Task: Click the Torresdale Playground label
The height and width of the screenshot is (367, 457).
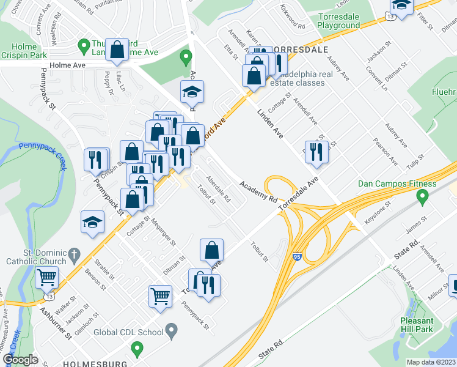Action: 338,21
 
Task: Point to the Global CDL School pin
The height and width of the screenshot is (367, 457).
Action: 172,332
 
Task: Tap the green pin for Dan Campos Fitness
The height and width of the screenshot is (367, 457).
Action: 422,197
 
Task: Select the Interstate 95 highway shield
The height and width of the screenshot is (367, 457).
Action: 297,258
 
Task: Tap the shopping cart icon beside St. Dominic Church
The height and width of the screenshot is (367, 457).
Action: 46,276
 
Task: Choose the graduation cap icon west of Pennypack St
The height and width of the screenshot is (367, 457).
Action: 92,221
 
